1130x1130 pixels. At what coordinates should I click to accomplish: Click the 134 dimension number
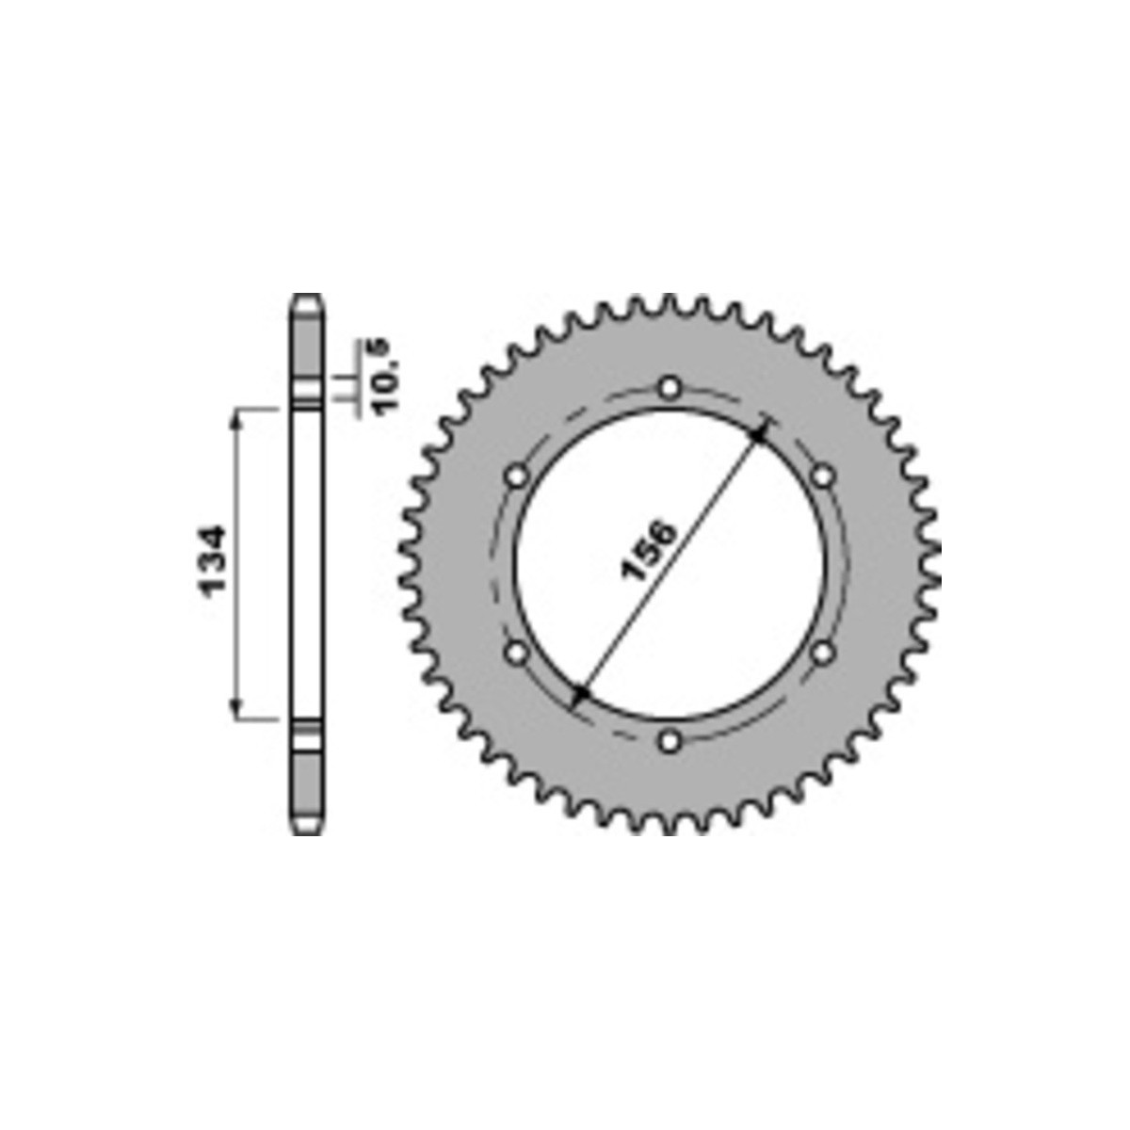coord(213,562)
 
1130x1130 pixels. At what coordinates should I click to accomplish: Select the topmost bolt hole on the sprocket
coord(670,388)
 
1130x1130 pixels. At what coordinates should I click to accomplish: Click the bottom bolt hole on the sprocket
coord(670,741)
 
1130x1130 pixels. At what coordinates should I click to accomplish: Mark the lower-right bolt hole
coord(823,652)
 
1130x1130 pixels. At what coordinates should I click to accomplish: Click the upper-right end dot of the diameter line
coord(759,435)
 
